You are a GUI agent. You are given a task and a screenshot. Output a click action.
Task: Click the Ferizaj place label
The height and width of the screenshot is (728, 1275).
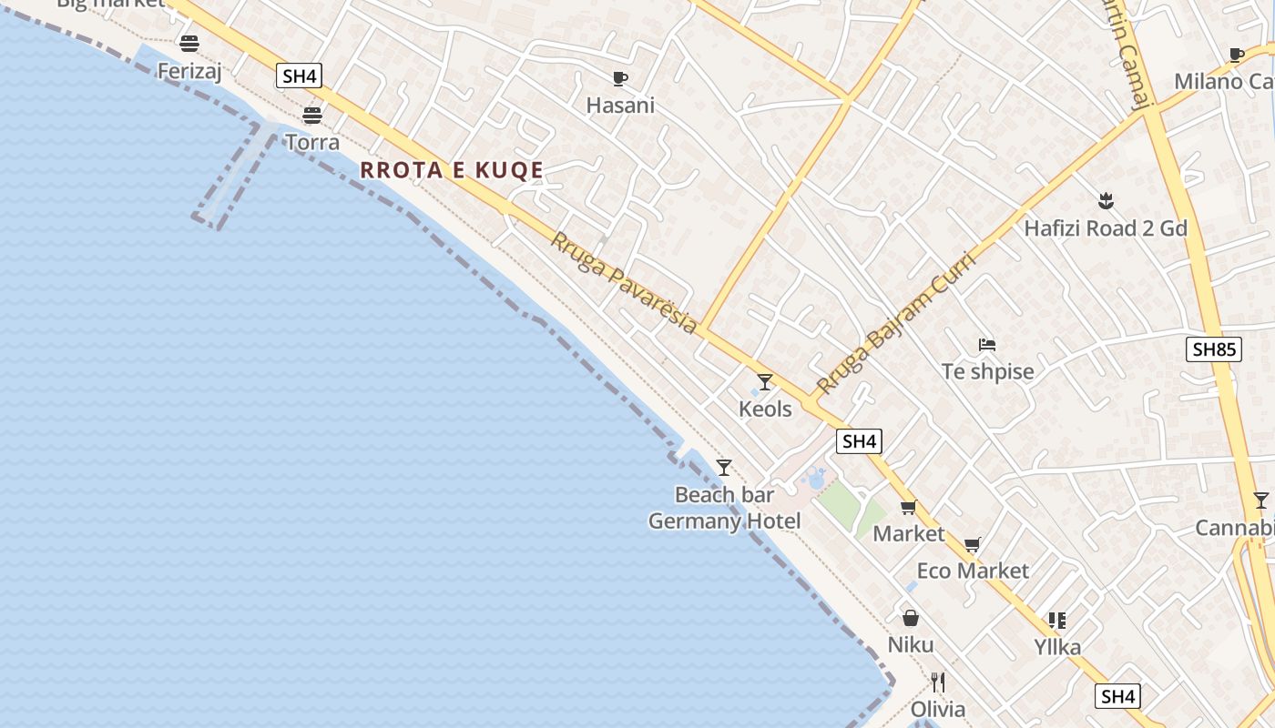189,71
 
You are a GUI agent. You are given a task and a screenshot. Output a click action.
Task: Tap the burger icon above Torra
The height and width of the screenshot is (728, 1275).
312,116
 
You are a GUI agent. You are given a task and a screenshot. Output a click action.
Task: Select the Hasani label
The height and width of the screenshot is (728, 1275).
620,106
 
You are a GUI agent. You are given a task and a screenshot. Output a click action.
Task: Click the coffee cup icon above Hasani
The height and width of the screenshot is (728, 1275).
620,78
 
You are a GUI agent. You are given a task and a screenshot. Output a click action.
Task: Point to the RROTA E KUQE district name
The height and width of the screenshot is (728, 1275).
452,170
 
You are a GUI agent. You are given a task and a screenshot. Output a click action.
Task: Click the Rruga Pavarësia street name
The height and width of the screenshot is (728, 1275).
625,282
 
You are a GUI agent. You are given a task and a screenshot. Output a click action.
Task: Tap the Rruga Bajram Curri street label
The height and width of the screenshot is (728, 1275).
896,323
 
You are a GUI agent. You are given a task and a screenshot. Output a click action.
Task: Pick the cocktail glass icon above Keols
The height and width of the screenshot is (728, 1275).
765,382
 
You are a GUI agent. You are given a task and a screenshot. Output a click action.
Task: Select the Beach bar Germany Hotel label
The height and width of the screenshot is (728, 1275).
725,508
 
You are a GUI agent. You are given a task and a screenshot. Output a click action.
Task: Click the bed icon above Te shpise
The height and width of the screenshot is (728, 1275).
987,345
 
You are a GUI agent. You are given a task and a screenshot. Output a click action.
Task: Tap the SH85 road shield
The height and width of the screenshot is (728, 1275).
1215,349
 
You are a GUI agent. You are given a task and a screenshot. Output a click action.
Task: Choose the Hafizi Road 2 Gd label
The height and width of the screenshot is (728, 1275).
1106,228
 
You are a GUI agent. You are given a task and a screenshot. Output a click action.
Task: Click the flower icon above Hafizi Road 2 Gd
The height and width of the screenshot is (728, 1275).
1106,200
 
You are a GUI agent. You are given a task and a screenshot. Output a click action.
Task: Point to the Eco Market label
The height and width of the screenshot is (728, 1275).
973,571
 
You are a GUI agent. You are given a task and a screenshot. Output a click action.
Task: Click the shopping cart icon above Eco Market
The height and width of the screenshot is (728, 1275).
973,544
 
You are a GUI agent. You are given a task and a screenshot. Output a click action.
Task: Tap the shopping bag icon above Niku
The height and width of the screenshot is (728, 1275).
911,619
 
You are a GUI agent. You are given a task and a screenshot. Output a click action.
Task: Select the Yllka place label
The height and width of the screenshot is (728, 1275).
1057,648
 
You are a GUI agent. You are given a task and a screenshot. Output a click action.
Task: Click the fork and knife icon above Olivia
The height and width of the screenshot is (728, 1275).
938,682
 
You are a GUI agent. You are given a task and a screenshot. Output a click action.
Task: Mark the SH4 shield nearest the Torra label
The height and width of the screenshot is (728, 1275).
300,76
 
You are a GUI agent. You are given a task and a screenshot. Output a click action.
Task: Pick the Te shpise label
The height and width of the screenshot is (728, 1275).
988,372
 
